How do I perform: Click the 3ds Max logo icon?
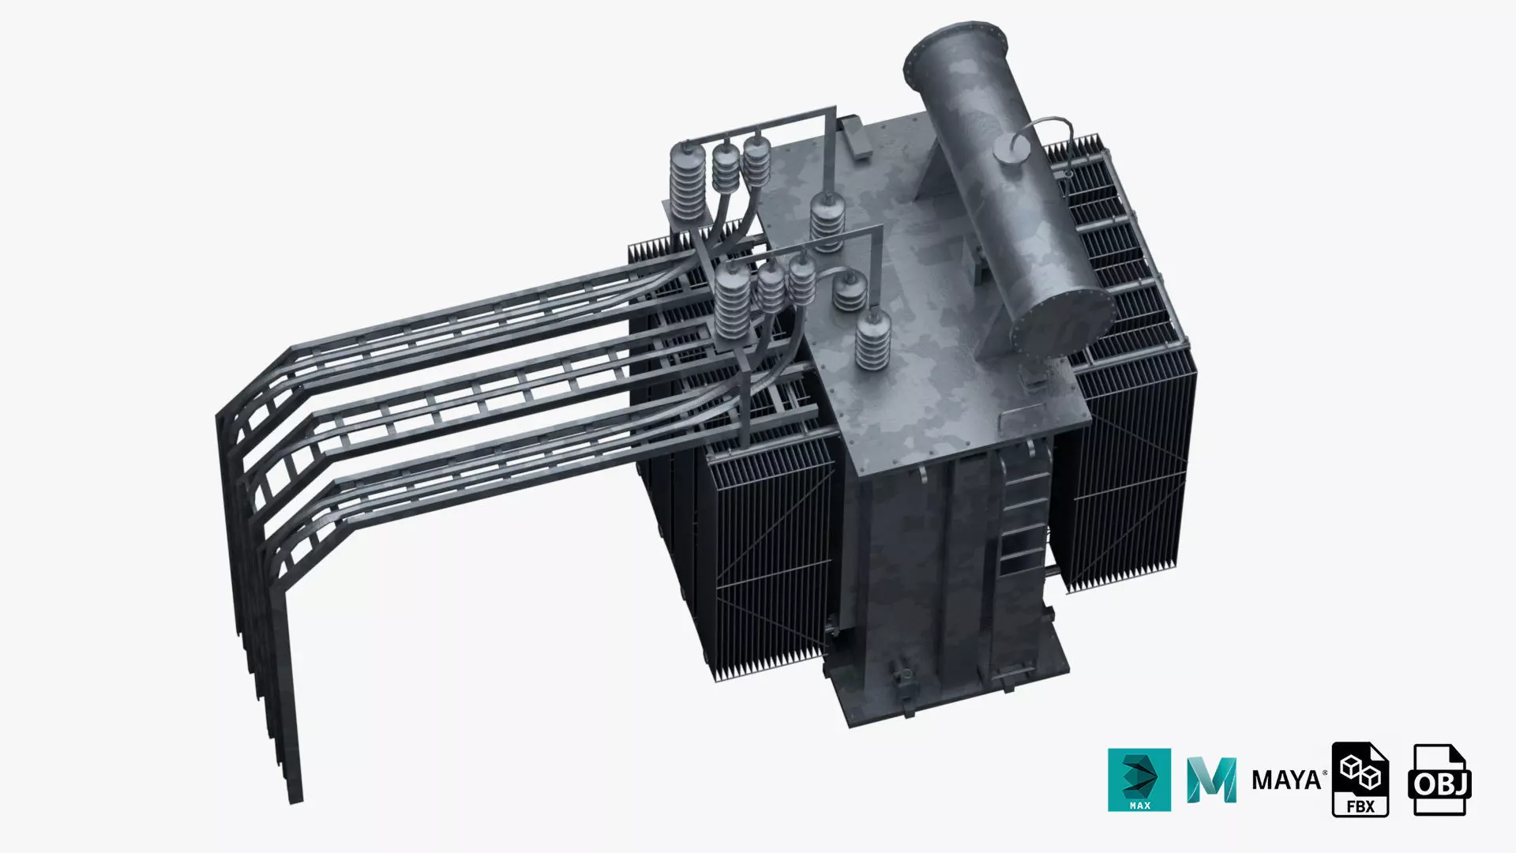[x=1139, y=780]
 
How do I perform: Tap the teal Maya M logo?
[x=1211, y=780]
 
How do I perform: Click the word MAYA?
[x=1287, y=780]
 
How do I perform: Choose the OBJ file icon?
[x=1439, y=780]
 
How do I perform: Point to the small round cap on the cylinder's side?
[x=1008, y=150]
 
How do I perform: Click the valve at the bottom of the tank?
[x=902, y=679]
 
